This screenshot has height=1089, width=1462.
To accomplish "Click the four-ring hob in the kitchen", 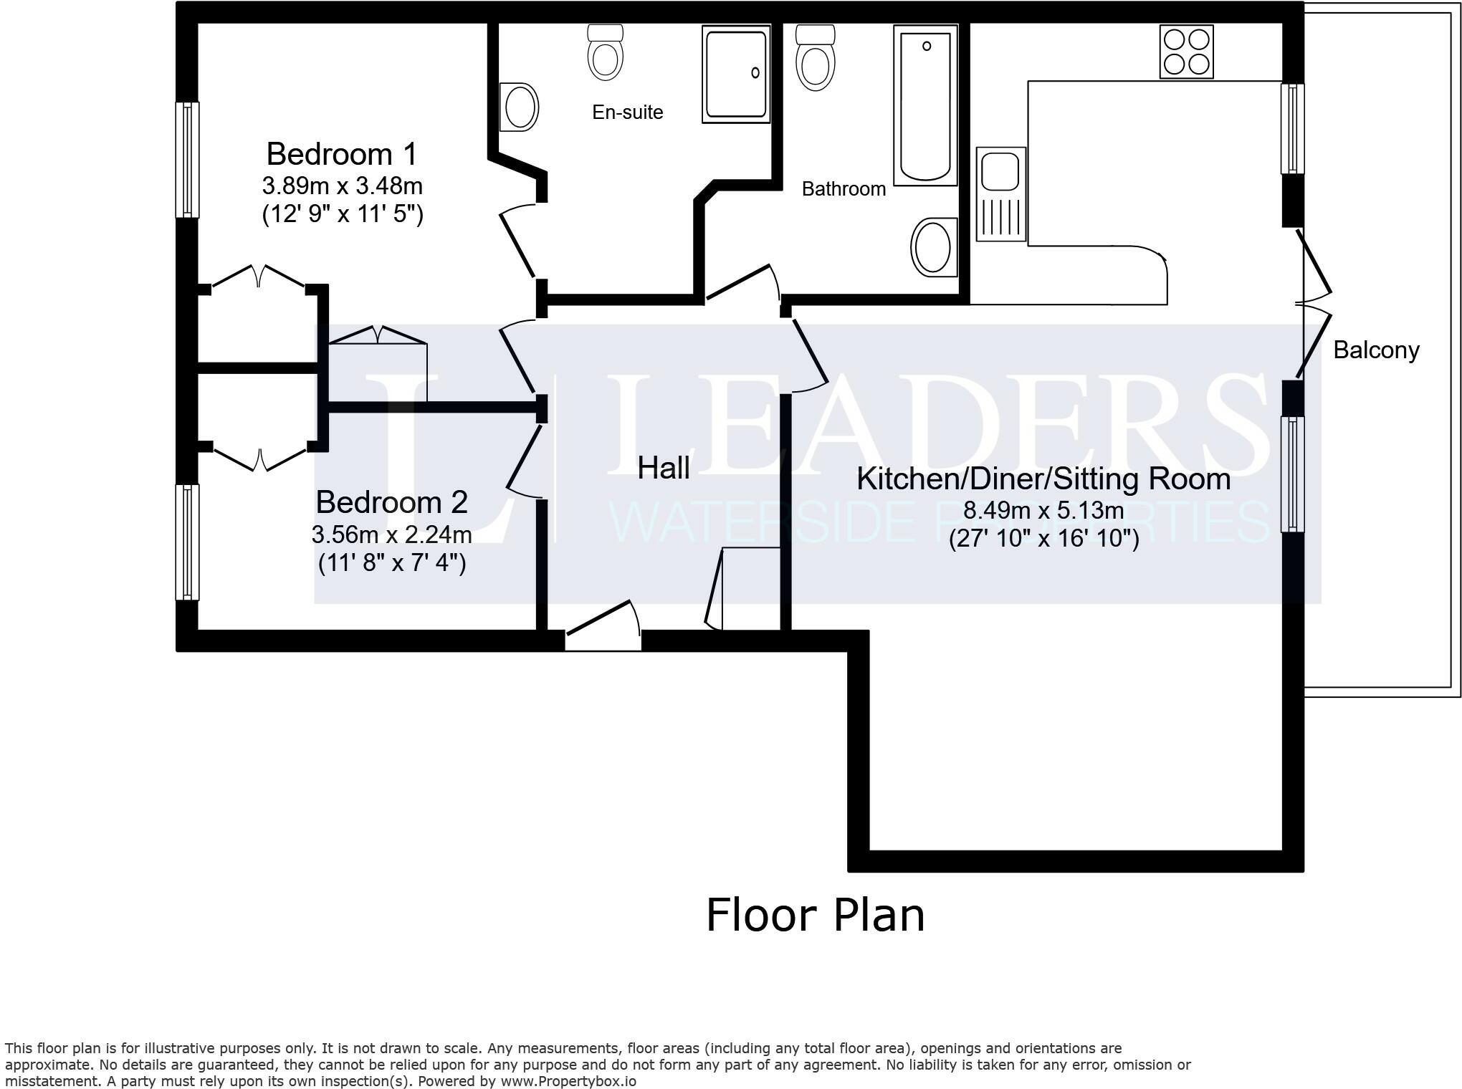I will click(1186, 52).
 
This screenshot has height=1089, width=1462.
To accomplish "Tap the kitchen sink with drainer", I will click(1000, 193).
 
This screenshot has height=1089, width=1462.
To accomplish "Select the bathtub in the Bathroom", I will click(925, 105).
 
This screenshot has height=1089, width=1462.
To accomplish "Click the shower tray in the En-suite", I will click(736, 74).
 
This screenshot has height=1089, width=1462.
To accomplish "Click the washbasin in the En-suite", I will click(519, 107).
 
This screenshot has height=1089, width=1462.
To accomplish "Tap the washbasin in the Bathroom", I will click(934, 247).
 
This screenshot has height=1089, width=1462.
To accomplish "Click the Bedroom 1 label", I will click(341, 154).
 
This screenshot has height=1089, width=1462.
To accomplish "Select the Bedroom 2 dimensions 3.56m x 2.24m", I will click(391, 534).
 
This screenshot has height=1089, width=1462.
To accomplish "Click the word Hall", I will click(663, 468).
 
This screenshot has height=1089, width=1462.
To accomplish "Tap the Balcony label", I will click(1375, 350).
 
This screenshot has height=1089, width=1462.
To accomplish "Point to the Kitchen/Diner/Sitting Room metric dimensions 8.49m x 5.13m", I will click(1043, 510).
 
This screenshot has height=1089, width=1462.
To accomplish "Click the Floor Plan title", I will click(815, 916).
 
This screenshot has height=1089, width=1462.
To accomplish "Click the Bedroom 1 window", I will click(187, 160).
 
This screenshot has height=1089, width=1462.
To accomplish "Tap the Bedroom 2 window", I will click(187, 542).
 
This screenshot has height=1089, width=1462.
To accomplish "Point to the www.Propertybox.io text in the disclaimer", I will click(568, 1081).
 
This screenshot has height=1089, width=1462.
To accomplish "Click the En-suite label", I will click(627, 112).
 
